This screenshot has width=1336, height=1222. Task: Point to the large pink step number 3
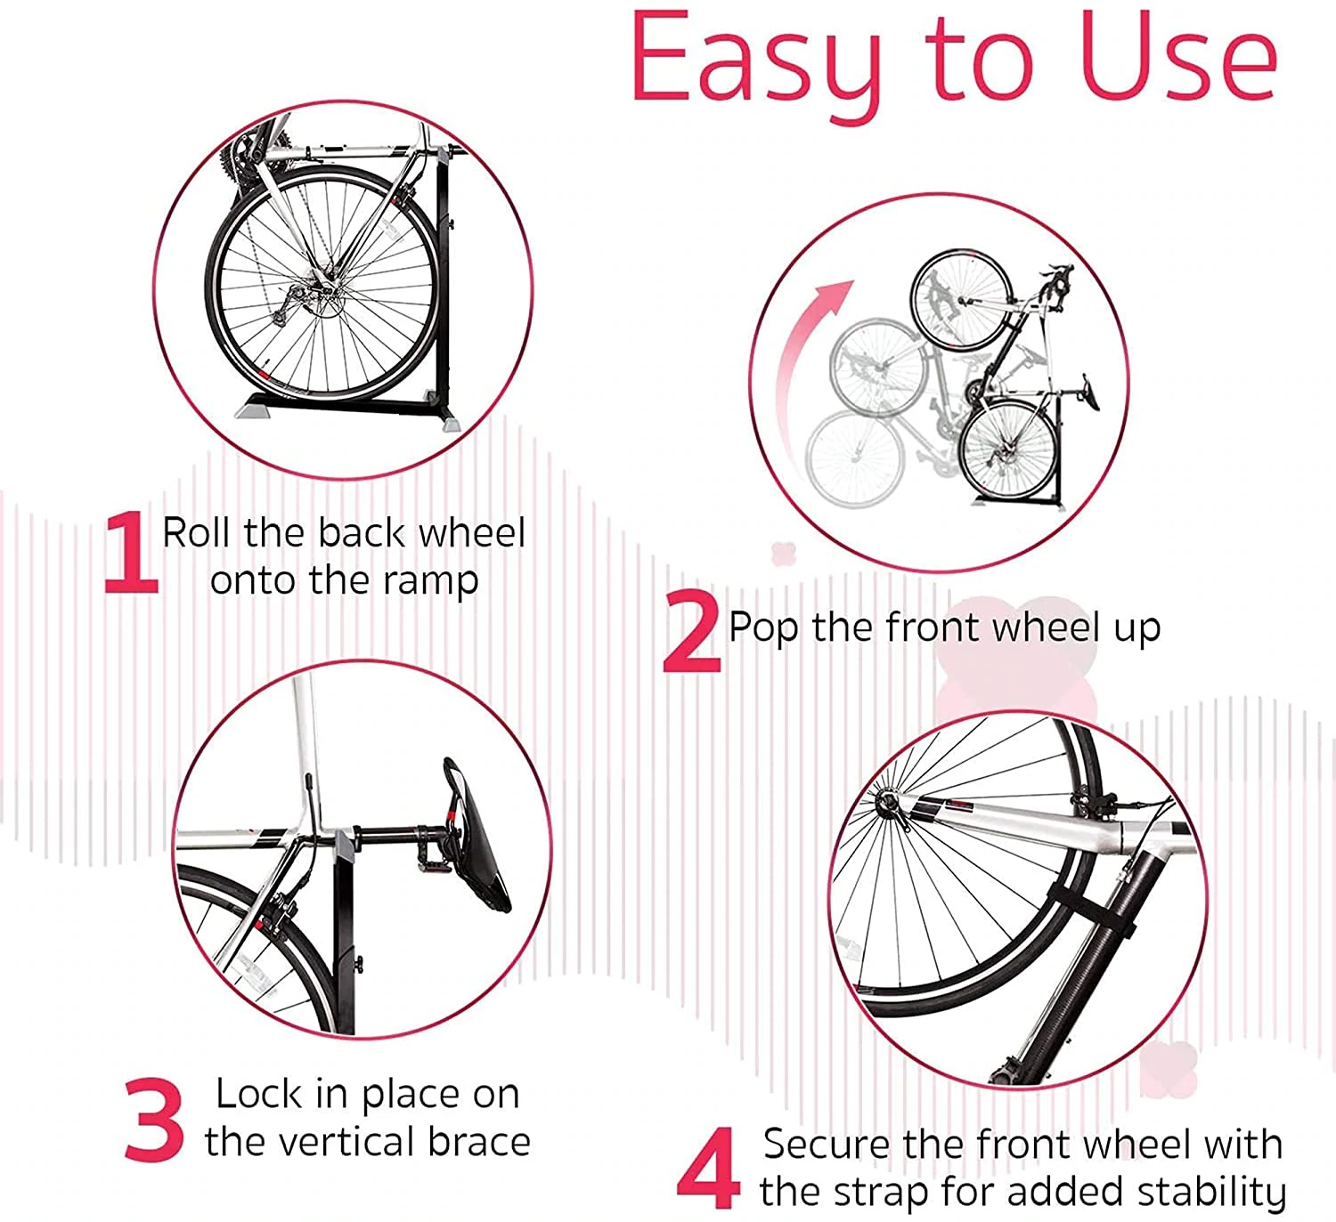tap(153, 1120)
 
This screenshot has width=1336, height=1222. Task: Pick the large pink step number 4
tap(708, 1168)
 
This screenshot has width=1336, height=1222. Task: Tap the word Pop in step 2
tap(762, 628)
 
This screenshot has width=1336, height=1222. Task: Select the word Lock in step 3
tap(258, 1094)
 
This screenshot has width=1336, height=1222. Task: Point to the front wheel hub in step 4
tap(888, 805)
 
